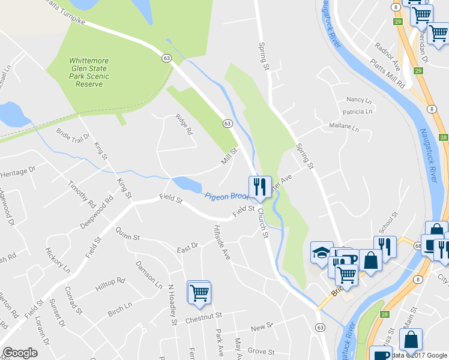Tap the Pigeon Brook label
coord(228,196)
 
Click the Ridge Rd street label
coord(184,124)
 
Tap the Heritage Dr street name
coord(22,172)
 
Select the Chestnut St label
coord(203,315)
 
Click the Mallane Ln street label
coord(343,127)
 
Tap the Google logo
coord(20,353)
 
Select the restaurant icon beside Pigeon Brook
coord(260,187)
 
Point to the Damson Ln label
coord(149,274)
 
